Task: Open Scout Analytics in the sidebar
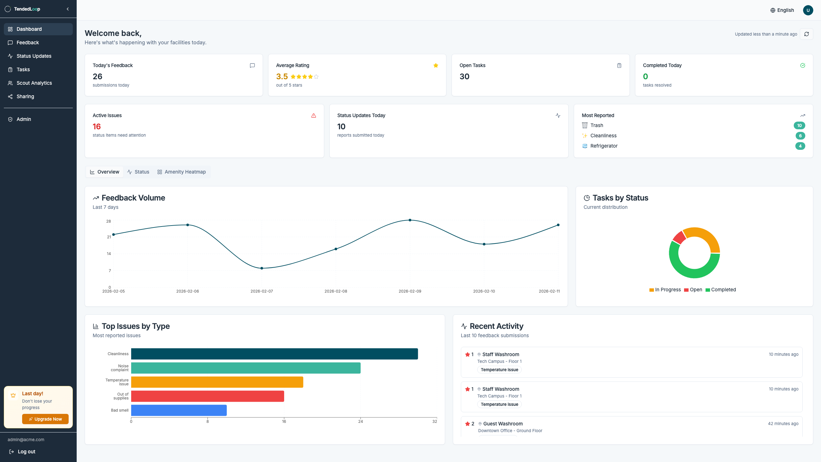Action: [x=34, y=83]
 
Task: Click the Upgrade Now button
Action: [x=45, y=419]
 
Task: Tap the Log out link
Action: [x=26, y=451]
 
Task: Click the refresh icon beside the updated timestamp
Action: [x=806, y=34]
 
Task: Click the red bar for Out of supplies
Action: [x=207, y=396]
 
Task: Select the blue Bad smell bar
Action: [x=179, y=410]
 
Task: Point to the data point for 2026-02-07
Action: [x=262, y=268]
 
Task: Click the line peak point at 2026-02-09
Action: [x=410, y=220]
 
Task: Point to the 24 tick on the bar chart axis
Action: [x=360, y=421]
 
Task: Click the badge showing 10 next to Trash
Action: [x=799, y=125]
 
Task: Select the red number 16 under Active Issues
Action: [x=97, y=127]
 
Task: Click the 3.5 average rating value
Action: [x=282, y=77]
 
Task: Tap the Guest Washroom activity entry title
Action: [x=503, y=424]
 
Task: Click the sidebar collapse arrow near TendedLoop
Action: [x=68, y=9]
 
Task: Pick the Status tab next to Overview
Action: [x=138, y=172]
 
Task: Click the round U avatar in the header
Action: [x=808, y=10]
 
